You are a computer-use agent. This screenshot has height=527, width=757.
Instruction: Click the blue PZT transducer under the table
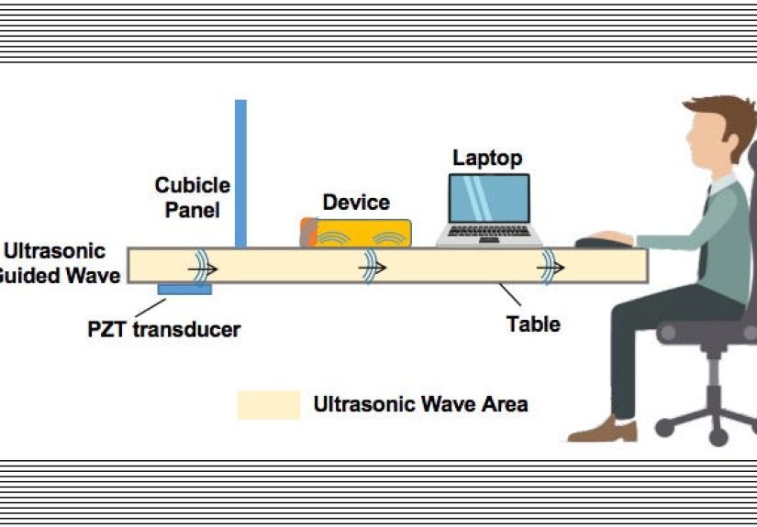pos(184,290)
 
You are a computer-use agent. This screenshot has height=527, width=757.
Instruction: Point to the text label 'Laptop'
pos(487,158)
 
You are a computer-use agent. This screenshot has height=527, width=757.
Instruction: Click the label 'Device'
pos(356,203)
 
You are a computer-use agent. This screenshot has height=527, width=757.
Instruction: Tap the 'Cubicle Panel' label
pos(192,197)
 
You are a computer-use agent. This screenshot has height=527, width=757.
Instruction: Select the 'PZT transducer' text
pos(163,329)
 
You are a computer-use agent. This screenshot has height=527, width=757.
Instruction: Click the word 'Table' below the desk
pos(533,324)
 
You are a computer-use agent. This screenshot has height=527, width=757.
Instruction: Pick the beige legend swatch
pos(268,404)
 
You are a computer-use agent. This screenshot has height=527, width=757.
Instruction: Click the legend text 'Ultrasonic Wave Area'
pos(420,403)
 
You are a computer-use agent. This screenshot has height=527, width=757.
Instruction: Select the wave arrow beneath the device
pos(372,268)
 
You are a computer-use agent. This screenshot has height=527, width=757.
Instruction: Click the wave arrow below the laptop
pos(551,268)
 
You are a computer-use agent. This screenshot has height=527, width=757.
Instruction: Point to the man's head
pos(716,137)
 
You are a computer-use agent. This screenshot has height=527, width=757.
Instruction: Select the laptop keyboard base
pos(489,239)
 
